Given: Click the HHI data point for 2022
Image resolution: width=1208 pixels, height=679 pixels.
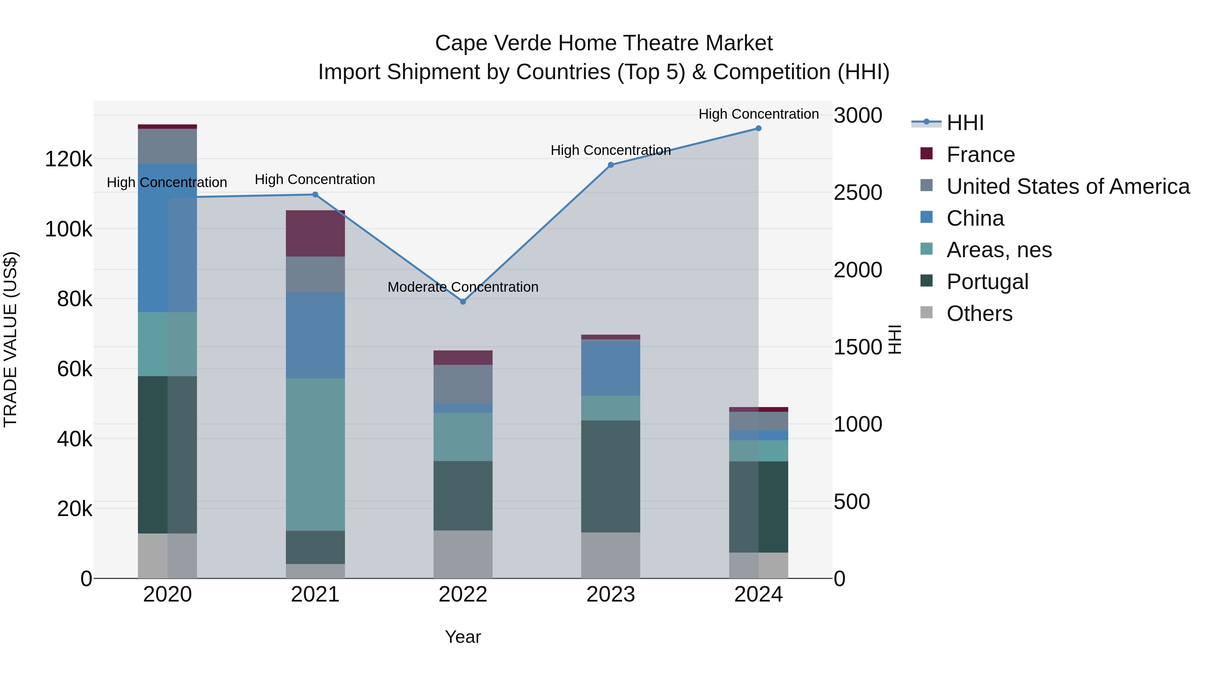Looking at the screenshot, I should pos(463,302).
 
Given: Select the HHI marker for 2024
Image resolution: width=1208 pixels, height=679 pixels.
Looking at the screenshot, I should pos(758,128).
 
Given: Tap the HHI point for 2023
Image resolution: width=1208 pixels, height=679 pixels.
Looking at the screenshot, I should pos(611,165).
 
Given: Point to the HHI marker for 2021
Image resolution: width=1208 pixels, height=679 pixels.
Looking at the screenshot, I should pos(315,194).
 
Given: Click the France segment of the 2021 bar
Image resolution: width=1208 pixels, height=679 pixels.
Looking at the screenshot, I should pos(315,233).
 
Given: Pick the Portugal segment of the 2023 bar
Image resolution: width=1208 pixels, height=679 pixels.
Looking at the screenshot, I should pos(611,476).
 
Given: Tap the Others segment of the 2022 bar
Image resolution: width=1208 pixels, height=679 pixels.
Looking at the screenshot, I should pos(463,554).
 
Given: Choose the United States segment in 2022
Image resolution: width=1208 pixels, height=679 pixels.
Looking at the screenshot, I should pos(463,384).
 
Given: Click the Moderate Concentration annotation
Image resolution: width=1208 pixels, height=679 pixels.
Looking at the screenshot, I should pos(463,287).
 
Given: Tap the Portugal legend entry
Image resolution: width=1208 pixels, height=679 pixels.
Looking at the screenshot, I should pos(987,282).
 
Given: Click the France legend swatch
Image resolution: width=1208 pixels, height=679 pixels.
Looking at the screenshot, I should pos(926,154).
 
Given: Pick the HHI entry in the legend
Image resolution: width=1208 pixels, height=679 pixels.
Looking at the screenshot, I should pos(965,123).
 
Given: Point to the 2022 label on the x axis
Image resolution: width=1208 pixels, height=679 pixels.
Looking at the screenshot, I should pos(463,595).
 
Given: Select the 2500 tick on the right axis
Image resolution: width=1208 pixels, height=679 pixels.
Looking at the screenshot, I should pos(858,192).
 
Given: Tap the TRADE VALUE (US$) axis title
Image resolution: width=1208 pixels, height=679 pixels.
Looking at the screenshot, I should pos(10,339).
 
